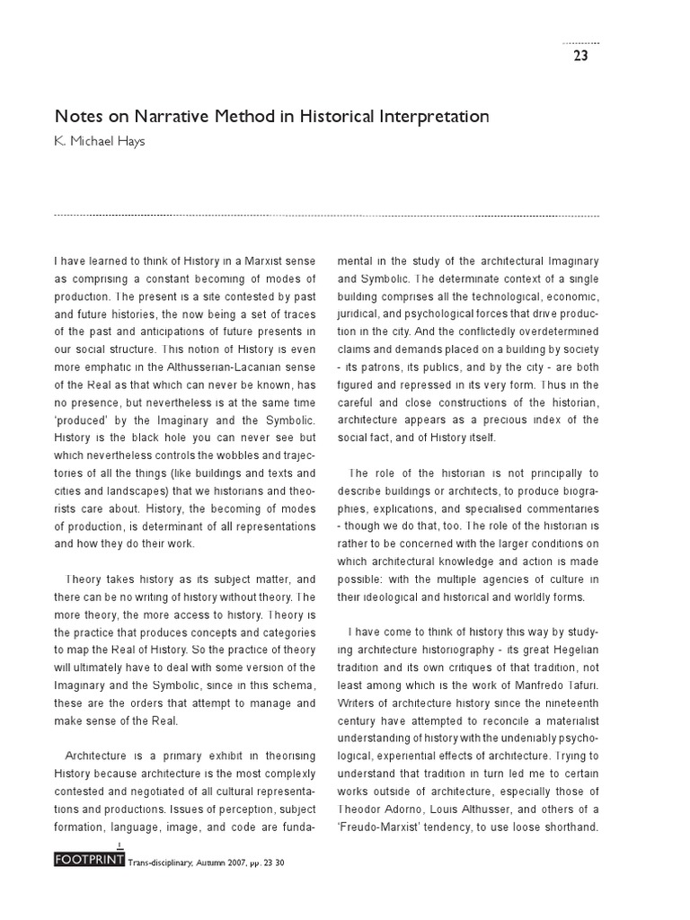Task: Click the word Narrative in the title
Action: pyautogui.click(x=172, y=117)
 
